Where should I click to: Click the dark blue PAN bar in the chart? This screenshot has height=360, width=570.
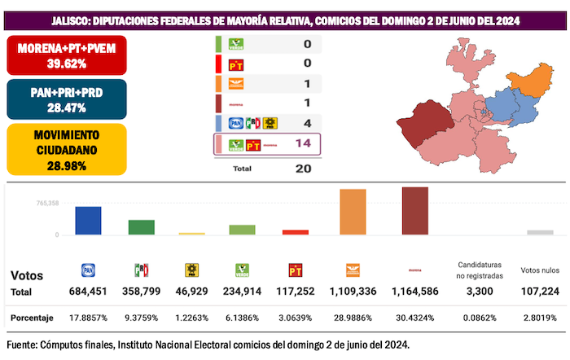pyautogui.click(x=88, y=221)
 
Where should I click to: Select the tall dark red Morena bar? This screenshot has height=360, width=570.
pyautogui.click(x=414, y=211)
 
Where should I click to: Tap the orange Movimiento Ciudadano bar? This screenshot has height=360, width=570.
pyautogui.click(x=353, y=212)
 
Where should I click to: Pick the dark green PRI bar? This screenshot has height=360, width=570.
pyautogui.click(x=141, y=227)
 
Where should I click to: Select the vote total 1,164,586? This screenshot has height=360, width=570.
pyautogui.click(x=415, y=291)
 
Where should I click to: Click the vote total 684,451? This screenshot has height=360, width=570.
pyautogui.click(x=88, y=291)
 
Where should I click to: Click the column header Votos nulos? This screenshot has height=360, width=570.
pyautogui.click(x=538, y=270)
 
